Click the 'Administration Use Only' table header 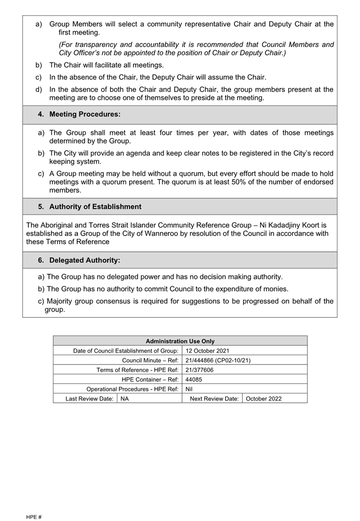[180, 341]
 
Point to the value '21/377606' [199, 370]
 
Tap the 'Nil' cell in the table [189, 389]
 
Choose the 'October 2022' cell [264, 399]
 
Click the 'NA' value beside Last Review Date [125, 399]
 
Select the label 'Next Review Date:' [214, 399]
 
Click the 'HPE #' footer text [34, 517]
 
